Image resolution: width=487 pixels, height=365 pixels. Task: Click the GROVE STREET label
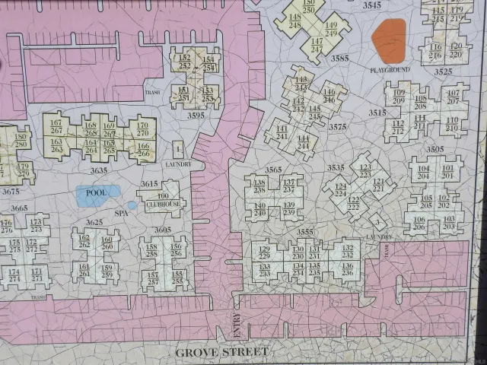click(x=221, y=352)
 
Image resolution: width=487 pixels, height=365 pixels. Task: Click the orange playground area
click(x=389, y=40)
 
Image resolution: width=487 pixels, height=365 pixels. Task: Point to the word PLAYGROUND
click(x=390, y=70)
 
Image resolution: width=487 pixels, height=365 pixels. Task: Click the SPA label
click(x=121, y=214)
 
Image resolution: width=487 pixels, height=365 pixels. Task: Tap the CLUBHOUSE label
click(x=162, y=205)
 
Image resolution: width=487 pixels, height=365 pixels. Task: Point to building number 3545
click(x=372, y=5)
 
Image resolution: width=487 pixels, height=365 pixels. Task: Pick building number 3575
click(x=338, y=127)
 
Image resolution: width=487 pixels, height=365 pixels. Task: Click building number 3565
click(x=273, y=170)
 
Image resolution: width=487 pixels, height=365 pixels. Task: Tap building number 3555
click(x=305, y=232)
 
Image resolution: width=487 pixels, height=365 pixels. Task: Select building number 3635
click(x=98, y=171)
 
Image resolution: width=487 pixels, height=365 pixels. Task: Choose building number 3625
click(x=94, y=222)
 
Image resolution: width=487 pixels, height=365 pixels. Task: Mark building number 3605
click(x=162, y=230)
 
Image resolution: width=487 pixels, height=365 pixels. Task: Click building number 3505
click(x=434, y=150)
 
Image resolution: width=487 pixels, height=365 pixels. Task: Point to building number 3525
click(x=443, y=71)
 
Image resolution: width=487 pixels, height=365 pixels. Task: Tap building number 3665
click(x=19, y=208)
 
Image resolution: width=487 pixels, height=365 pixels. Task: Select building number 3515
click(x=377, y=113)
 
